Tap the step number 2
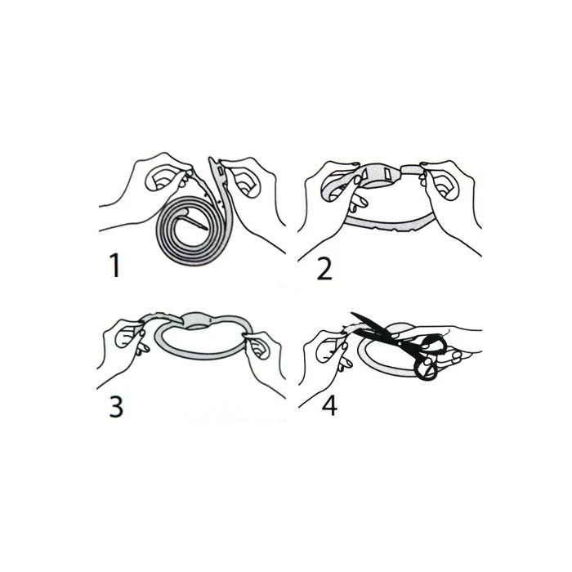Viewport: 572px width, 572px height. [x=324, y=267]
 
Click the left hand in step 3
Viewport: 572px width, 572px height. [x=123, y=343]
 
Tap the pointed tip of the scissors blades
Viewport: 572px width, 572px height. [x=353, y=314]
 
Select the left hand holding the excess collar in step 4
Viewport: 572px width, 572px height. [x=327, y=351]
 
